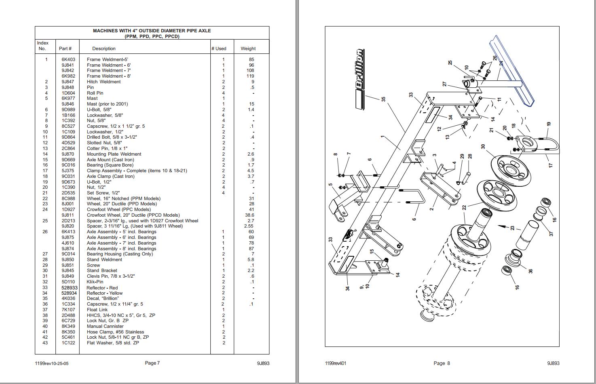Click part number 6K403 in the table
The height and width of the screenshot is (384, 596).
pos(68,59)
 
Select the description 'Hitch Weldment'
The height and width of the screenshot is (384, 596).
pos(104,82)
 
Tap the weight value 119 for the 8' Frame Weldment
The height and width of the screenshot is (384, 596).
pos(250,76)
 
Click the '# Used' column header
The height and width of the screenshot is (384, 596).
pos(219,49)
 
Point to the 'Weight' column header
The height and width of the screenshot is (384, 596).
pos(248,49)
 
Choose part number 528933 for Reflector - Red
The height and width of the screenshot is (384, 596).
pos(69,288)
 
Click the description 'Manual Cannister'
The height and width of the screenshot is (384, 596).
pos(105,326)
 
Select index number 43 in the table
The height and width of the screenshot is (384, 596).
pos(45,343)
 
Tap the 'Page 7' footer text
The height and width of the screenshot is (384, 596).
pos(152,363)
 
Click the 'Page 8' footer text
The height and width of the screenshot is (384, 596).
pos(442,363)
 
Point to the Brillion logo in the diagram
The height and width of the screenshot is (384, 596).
pos(359,79)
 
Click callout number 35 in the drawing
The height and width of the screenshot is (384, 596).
pos(383,99)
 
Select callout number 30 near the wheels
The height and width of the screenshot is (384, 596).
pos(483,147)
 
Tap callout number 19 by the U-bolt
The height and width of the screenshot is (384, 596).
pos(549,124)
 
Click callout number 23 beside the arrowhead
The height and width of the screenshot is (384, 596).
pos(512,228)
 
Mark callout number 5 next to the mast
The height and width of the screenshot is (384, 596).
pos(330,185)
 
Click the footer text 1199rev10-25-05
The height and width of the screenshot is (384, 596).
pos(52,363)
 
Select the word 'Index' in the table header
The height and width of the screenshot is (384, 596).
pos(43,43)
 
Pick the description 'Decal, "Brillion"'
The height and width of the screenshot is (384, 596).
pos(103,298)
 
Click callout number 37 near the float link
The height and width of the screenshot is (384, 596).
pos(551,234)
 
